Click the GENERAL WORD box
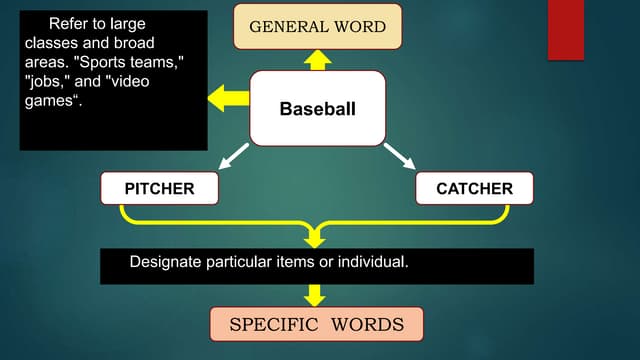coord(317,26)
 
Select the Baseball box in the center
coord(317,108)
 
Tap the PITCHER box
coord(160,188)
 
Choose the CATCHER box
coord(474,188)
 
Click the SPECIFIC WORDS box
coord(317,324)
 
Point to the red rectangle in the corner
coord(566,30)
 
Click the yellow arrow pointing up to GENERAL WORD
coord(317,60)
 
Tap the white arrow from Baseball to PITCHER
coord(233,156)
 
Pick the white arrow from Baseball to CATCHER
coord(400,156)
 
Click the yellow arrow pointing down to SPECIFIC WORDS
coord(316,295)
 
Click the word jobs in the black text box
coord(42,81)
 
